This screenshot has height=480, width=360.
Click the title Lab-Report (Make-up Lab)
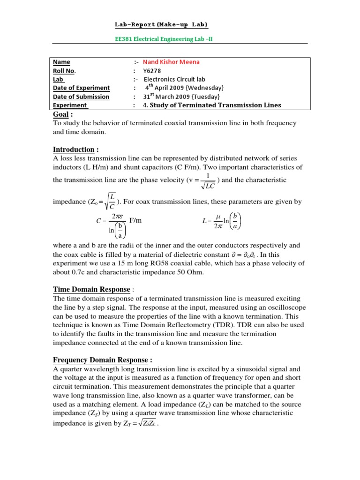click(162, 24)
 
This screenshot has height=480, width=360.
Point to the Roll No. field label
click(64, 71)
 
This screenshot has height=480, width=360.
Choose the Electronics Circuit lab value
click(174, 79)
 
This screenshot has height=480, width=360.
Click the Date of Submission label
click(81, 97)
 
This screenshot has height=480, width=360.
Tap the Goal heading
click(63, 114)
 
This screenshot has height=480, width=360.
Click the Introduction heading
click(75, 150)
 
